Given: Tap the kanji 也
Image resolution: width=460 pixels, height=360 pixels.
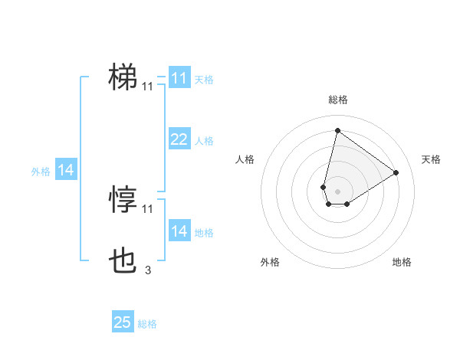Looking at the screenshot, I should (x=123, y=262).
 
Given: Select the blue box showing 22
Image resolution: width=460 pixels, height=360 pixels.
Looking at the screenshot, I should (x=179, y=139).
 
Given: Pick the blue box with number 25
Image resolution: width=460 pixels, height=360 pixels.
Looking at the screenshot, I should (x=123, y=323).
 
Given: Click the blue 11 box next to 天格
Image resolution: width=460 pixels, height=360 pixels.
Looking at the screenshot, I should (x=179, y=78).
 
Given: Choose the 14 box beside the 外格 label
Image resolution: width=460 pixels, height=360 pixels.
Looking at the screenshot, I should (x=66, y=171).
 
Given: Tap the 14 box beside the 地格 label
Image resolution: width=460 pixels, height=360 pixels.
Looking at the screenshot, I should (x=179, y=231).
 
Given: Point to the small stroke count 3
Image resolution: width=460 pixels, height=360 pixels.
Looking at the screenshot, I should (x=148, y=270).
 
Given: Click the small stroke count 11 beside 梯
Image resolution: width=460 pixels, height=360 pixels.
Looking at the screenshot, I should (x=148, y=87).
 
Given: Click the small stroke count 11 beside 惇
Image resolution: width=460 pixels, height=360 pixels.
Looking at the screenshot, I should (x=148, y=208).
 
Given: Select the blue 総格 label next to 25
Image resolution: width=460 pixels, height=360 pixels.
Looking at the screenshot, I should (x=147, y=324).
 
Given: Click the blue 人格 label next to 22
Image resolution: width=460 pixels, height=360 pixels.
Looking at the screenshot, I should (x=204, y=141).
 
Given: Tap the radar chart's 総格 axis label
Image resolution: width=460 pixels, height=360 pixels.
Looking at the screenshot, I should (x=338, y=100).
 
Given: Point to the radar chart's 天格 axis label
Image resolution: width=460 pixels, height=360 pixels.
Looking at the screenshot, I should (x=431, y=159).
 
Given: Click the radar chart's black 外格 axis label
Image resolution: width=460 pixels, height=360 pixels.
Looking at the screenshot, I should (x=269, y=262).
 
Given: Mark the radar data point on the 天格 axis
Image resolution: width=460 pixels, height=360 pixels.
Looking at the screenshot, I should (x=396, y=172).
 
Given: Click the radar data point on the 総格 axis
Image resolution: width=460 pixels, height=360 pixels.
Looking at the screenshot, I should (x=338, y=130).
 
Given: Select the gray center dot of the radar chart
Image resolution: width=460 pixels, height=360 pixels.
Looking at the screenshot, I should (x=338, y=191).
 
